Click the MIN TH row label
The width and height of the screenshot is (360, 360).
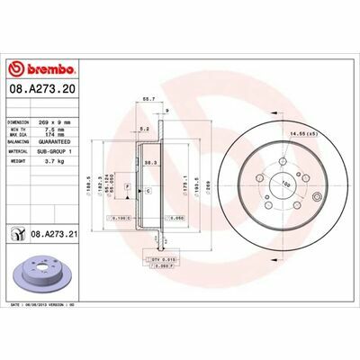(x=19, y=128)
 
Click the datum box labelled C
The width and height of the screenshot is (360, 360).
(x=147, y=193)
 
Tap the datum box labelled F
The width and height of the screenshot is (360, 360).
(x=128, y=186)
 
